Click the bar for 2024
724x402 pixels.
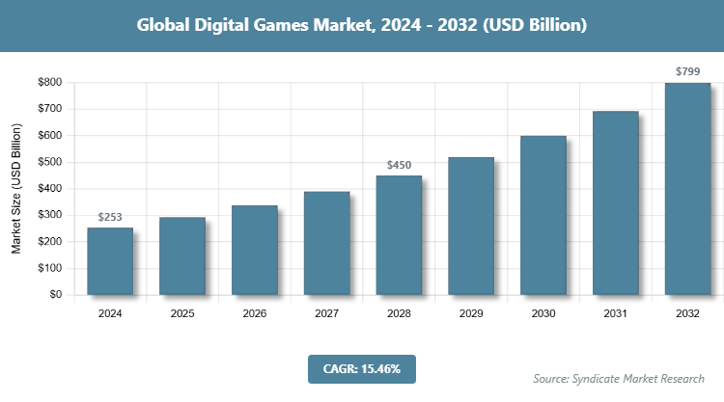(x=110, y=261)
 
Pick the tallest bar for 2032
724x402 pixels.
(x=687, y=189)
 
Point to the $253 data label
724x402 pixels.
(x=110, y=217)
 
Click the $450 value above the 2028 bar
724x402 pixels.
(x=399, y=165)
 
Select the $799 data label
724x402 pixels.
(x=687, y=71)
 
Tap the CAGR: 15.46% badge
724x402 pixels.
(x=361, y=368)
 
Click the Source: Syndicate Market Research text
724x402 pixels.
(x=618, y=378)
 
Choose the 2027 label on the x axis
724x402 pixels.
(x=326, y=313)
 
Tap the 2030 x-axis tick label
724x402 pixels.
(x=543, y=313)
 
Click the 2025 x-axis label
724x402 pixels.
(x=182, y=313)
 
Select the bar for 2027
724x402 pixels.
(x=326, y=243)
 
